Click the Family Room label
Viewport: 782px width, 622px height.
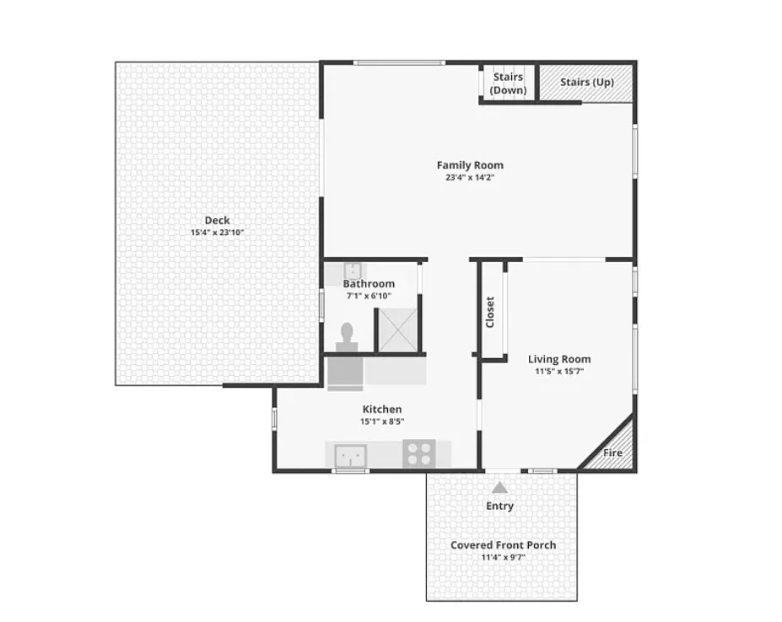tap(470, 165)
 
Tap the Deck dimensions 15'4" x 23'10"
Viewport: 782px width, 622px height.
tap(217, 233)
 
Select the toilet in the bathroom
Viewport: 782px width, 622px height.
tap(347, 337)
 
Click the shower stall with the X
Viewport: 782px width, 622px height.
tap(397, 330)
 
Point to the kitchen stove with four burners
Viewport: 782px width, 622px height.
tap(419, 453)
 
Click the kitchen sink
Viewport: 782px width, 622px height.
tap(351, 456)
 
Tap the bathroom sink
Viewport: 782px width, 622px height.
tap(353, 271)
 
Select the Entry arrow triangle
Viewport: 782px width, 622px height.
tap(499, 487)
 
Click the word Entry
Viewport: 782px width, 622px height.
tap(499, 506)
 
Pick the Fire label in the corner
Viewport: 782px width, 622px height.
tap(612, 453)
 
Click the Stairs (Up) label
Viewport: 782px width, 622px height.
tap(587, 83)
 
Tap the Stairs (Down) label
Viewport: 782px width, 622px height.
tap(508, 83)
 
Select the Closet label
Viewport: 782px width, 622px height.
tap(490, 312)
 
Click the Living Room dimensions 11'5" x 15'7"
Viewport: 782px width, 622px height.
tap(559, 371)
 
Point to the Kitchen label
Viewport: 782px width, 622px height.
tap(382, 409)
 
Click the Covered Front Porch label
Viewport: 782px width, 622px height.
tap(504, 544)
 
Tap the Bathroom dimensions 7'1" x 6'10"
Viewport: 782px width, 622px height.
tap(369, 296)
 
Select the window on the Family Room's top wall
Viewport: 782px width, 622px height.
tap(399, 63)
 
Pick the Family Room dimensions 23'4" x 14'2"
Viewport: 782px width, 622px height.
tap(470, 178)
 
